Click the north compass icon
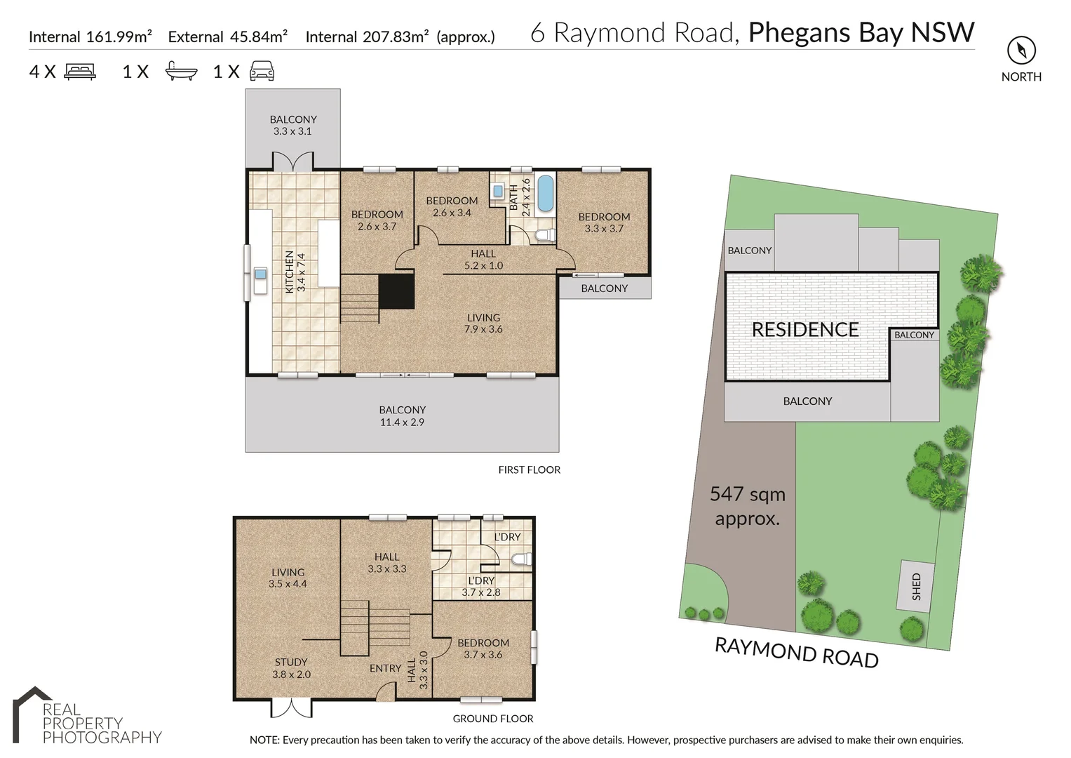click(1021, 51)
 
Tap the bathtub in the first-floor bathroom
click(546, 193)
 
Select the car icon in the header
click(262, 71)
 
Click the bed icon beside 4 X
click(81, 72)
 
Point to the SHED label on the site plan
click(916, 586)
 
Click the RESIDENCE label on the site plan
click(805, 329)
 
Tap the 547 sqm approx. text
click(747, 506)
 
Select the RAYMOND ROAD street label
click(797, 653)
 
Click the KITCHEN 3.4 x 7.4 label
click(295, 272)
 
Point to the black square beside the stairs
click(396, 291)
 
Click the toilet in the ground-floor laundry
click(522, 559)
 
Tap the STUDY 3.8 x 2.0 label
click(291, 668)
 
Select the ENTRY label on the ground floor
click(385, 668)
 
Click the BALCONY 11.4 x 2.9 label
click(402, 415)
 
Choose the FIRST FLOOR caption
click(530, 470)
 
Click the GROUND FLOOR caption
click(493, 718)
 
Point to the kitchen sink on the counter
click(261, 274)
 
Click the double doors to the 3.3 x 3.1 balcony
click(293, 161)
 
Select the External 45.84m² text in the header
click(227, 36)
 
